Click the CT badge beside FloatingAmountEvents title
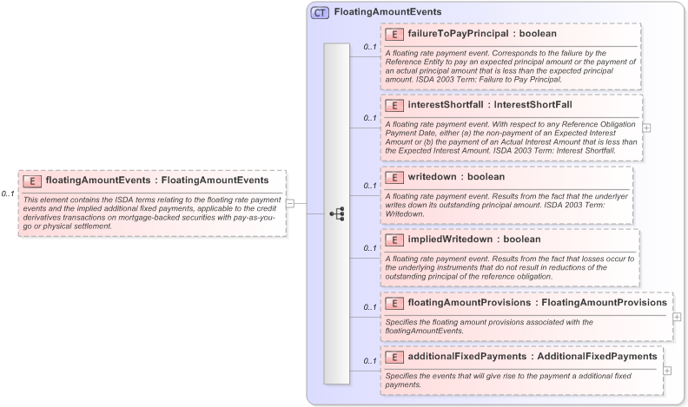point(321,13)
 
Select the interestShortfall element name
point(444,105)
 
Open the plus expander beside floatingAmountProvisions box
point(677,317)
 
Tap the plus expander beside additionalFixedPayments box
point(667,371)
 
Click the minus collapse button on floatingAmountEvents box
point(290,204)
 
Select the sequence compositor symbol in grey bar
point(337,213)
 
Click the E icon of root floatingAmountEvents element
point(32,181)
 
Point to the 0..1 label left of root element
point(9,194)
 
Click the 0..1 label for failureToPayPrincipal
point(369,47)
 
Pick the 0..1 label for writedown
point(369,186)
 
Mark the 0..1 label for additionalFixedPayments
point(369,361)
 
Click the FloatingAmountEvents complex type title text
point(387,13)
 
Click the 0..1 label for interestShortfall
point(369,118)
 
